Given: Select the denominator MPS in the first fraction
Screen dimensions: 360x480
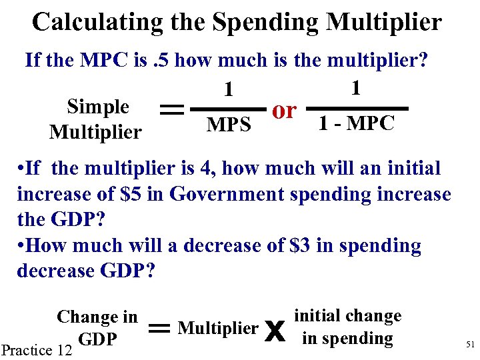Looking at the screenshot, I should pyautogui.click(x=229, y=125).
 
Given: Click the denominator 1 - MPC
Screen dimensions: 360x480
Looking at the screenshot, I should pyautogui.click(x=356, y=123).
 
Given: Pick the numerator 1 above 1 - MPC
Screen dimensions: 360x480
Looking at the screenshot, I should pyautogui.click(x=356, y=86).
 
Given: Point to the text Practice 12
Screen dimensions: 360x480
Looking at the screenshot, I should pyautogui.click(x=37, y=349).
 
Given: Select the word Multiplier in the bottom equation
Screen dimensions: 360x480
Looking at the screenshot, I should pyautogui.click(x=218, y=328).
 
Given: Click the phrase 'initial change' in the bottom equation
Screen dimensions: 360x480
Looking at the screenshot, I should pyautogui.click(x=347, y=316).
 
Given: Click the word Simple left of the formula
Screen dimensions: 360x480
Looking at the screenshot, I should pyautogui.click(x=98, y=107).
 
